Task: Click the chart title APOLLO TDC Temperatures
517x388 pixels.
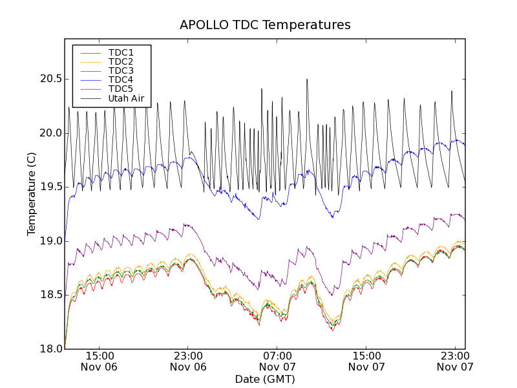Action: (265, 25)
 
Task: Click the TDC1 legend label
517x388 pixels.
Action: (121, 52)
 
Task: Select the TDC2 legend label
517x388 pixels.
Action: (121, 61)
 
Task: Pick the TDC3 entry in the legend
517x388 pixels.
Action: (121, 70)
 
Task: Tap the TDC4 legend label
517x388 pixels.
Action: (121, 80)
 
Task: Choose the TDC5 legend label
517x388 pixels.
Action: (121, 89)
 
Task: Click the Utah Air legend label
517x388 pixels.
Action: (126, 99)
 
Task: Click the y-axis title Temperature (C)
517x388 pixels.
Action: (32, 194)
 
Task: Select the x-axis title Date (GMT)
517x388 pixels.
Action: (265, 379)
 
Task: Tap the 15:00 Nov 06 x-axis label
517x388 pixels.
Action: (99, 361)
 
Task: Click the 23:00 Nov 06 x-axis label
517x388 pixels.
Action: (188, 361)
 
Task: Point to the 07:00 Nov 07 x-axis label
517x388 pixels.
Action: (277, 361)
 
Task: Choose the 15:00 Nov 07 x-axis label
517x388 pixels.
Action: (366, 361)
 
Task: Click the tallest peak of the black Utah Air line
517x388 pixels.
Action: (307, 80)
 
